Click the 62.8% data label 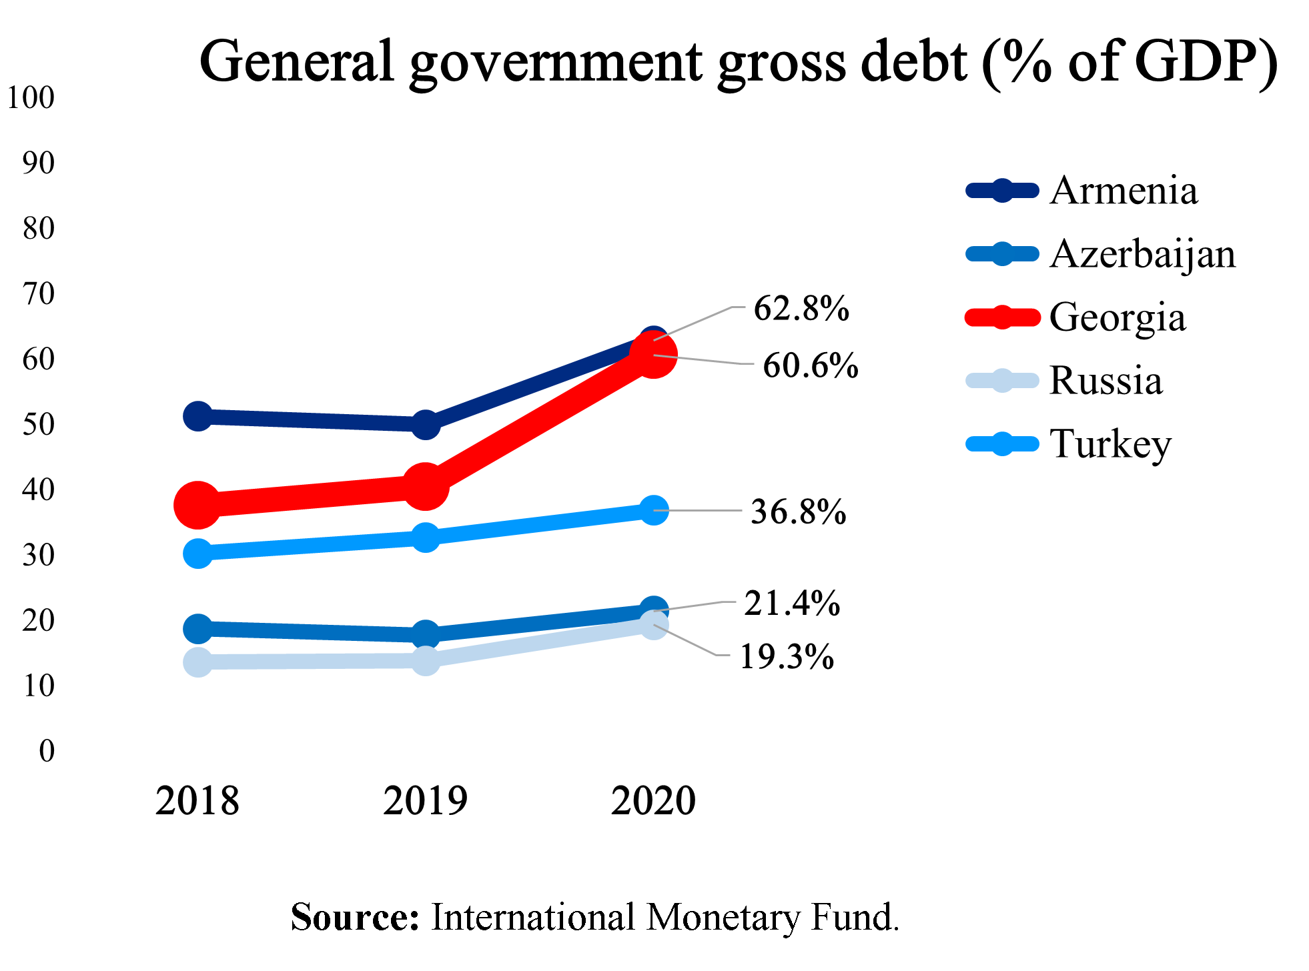pyautogui.click(x=801, y=308)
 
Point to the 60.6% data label pyautogui.click(x=810, y=365)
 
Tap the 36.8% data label pyautogui.click(x=798, y=512)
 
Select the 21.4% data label pyautogui.click(x=792, y=603)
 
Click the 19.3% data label pyautogui.click(x=787, y=657)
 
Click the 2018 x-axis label pyautogui.click(x=197, y=801)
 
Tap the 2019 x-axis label pyautogui.click(x=425, y=801)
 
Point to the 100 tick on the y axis pyautogui.click(x=31, y=97)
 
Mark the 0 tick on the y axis pyautogui.click(x=47, y=751)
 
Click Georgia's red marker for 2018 pyautogui.click(x=197, y=505)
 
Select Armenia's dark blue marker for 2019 pyautogui.click(x=425, y=424)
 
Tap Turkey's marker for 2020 pyautogui.click(x=654, y=510)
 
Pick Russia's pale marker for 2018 pyautogui.click(x=197, y=662)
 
